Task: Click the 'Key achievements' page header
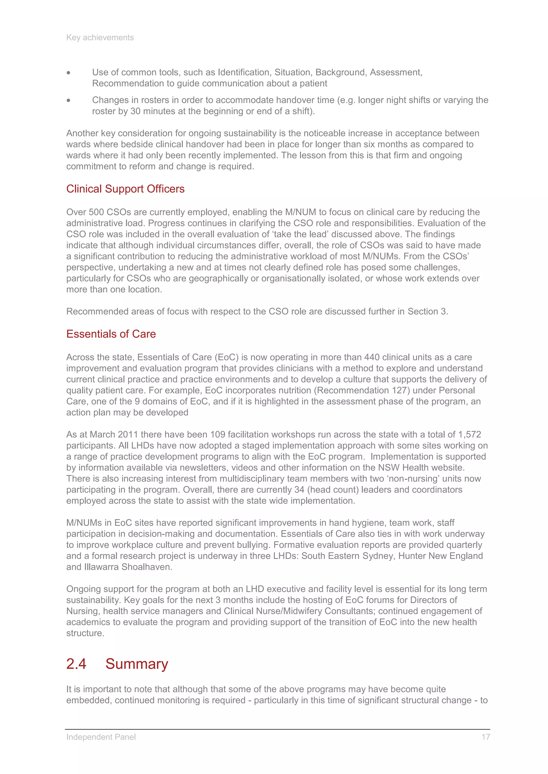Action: [100, 37]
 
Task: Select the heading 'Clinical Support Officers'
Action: [125, 189]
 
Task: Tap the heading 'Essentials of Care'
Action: [111, 334]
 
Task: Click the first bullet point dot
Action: [68, 72]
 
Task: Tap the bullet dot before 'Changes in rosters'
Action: [68, 100]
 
